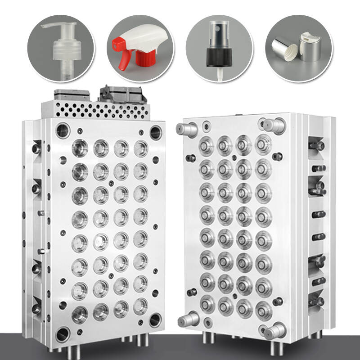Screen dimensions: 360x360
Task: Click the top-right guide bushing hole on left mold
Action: point(156,132)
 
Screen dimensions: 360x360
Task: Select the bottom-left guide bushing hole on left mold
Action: point(62,333)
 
